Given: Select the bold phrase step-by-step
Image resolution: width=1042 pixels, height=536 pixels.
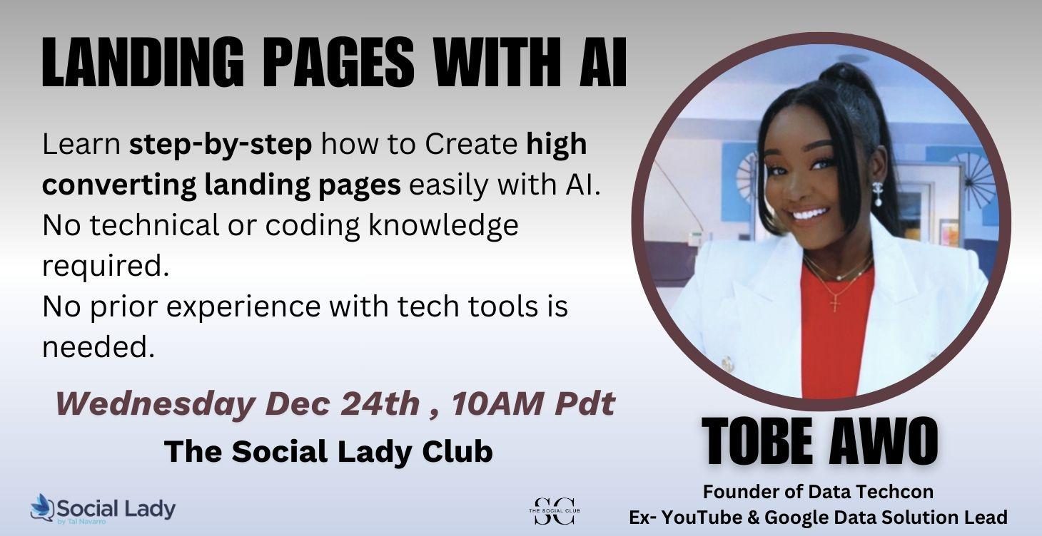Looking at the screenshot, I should pos(221,145).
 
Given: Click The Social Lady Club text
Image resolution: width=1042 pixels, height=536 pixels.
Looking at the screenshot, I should pos(328,451).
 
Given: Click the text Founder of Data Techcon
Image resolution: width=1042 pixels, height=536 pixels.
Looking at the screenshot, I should pos(818,492).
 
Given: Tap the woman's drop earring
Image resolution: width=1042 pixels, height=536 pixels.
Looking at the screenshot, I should pos(877,192).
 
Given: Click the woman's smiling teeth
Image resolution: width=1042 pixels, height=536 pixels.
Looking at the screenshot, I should pos(812,213).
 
